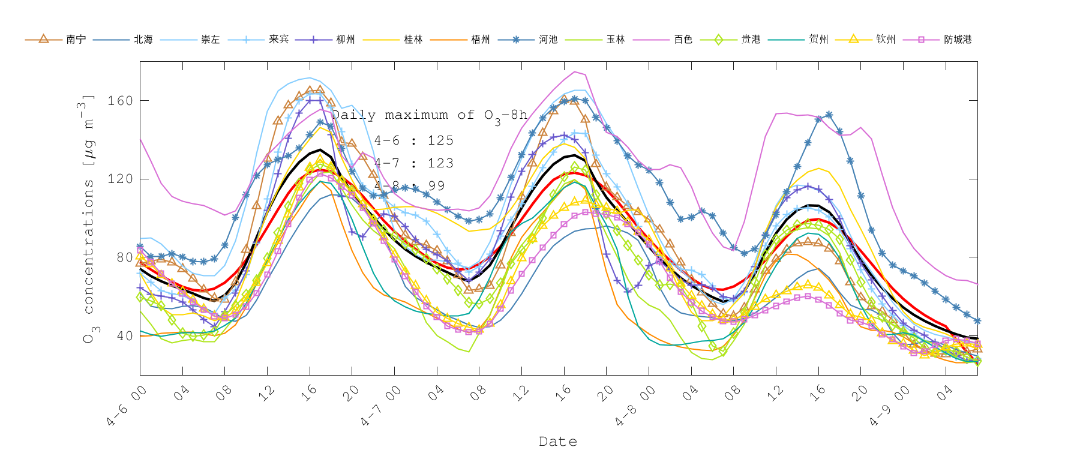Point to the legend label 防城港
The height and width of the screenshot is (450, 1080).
(958, 40)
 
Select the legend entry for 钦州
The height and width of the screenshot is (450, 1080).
(886, 40)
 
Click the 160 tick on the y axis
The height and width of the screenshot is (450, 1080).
(120, 101)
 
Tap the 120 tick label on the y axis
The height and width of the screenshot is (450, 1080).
(120, 179)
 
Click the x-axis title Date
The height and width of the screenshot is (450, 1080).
(558, 442)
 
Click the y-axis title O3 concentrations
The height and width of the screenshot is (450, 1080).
(89, 219)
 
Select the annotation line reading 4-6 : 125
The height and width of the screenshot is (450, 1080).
(414, 140)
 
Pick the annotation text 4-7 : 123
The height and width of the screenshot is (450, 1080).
(414, 163)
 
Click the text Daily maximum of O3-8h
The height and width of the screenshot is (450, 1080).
(430, 115)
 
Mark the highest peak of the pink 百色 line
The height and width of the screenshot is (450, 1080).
(575, 72)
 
